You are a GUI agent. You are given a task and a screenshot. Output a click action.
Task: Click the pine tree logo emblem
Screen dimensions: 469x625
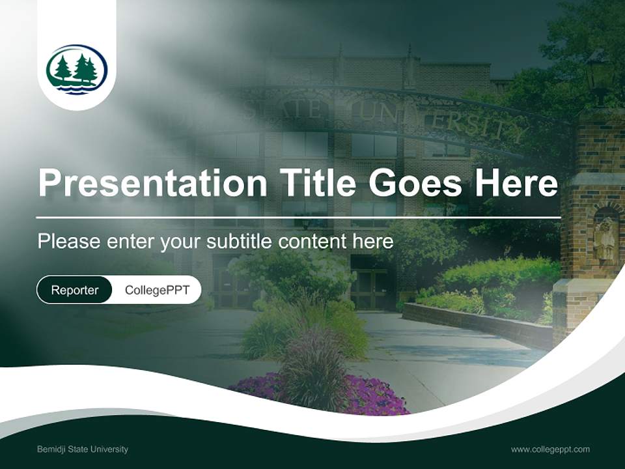tap(77, 70)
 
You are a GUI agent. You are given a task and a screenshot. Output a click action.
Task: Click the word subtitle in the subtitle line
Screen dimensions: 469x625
tap(240, 242)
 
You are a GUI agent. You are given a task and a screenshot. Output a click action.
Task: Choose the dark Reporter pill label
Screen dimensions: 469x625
tap(75, 290)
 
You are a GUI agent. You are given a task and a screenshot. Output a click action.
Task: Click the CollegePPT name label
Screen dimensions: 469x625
tap(157, 290)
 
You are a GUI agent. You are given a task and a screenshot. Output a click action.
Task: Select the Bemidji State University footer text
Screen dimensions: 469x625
tap(83, 449)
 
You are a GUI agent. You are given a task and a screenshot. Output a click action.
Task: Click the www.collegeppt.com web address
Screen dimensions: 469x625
tap(550, 449)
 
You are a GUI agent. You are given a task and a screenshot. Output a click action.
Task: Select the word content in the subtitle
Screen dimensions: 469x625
tap(314, 242)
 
